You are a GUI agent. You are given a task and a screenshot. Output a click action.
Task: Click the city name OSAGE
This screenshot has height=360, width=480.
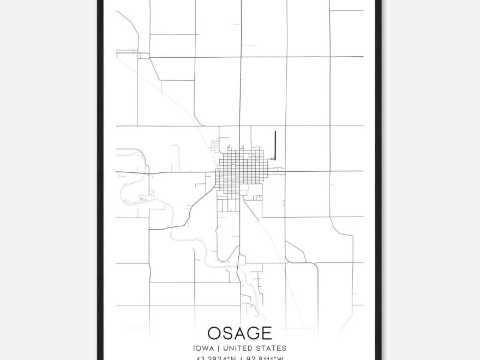pyautogui.click(x=239, y=333)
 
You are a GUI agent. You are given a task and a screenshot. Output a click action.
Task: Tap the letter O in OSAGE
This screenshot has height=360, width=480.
pyautogui.click(x=214, y=333)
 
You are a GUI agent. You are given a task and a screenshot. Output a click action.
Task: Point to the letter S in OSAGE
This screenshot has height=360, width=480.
pyautogui.click(x=228, y=333)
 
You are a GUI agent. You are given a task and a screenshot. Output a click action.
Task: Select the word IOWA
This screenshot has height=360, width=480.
pyautogui.click(x=202, y=348)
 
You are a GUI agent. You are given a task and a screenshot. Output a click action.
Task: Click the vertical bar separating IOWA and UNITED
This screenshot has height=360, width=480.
pyautogui.click(x=215, y=348)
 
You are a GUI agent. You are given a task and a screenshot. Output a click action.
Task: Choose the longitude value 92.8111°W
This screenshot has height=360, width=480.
pyautogui.click(x=265, y=358)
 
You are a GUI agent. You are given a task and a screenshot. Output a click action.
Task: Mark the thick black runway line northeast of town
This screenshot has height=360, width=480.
pyautogui.click(x=275, y=145)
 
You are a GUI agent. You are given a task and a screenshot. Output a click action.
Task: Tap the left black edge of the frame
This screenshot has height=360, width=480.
pyautogui.click(x=100, y=180)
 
